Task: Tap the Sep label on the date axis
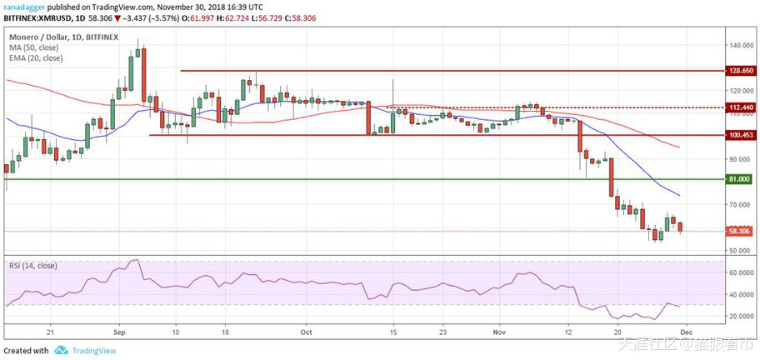click(x=118, y=331)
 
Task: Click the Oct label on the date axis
click(x=305, y=331)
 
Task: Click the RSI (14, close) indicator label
click(x=35, y=265)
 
